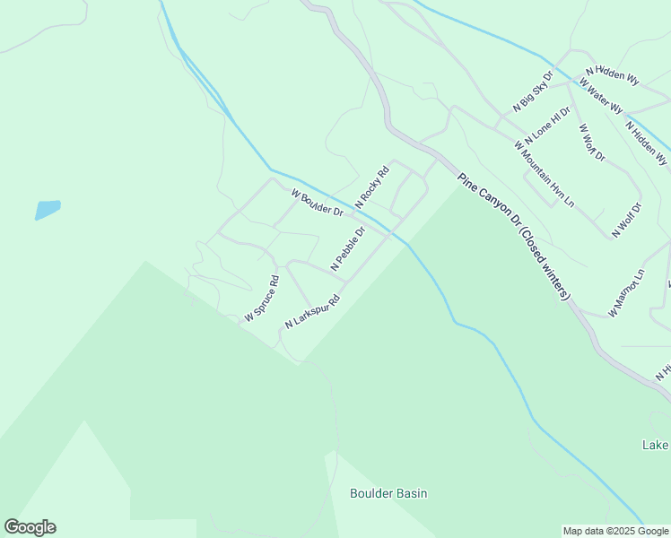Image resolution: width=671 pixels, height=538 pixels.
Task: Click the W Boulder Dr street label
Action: (x=318, y=203)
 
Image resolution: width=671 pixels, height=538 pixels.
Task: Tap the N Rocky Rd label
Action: (x=372, y=188)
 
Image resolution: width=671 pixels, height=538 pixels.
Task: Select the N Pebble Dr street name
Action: (x=348, y=248)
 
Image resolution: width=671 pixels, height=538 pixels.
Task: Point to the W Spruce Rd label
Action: (x=262, y=299)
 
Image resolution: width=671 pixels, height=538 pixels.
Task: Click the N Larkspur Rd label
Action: (x=313, y=311)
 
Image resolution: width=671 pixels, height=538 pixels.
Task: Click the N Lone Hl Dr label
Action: (x=547, y=126)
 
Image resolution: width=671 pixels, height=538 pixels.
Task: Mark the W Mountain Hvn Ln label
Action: (x=544, y=172)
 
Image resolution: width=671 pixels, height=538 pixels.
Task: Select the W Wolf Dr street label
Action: (x=592, y=142)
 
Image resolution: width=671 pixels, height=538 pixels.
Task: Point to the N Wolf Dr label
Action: (x=629, y=220)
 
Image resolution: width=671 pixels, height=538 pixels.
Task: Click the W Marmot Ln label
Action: (x=626, y=292)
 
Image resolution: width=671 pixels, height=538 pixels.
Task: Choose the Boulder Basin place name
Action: (x=388, y=493)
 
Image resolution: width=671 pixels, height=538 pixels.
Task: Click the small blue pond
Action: (x=48, y=210)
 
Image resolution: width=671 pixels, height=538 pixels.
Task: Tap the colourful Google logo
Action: (x=30, y=527)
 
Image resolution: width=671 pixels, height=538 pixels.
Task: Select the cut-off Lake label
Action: (x=656, y=445)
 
